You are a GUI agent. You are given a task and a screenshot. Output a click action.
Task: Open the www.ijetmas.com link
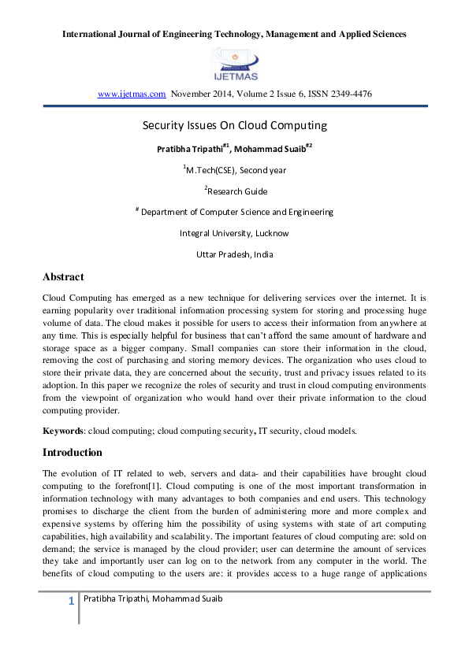(132, 94)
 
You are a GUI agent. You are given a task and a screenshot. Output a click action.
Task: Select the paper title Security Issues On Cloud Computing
(234, 125)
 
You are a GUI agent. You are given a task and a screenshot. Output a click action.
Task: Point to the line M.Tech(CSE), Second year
(234, 169)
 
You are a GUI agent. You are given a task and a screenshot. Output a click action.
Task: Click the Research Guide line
(235, 191)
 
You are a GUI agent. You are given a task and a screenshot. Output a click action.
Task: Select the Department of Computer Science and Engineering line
(235, 212)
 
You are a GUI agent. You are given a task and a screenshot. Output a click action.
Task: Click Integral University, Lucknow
(234, 233)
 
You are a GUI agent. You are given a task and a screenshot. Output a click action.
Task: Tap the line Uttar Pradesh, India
(234, 254)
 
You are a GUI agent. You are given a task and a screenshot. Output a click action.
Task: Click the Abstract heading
(63, 277)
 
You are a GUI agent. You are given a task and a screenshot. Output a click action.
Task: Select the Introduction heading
(73, 453)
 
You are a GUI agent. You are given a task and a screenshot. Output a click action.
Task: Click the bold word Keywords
(63, 431)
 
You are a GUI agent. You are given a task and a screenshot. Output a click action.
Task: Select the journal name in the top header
(234, 35)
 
